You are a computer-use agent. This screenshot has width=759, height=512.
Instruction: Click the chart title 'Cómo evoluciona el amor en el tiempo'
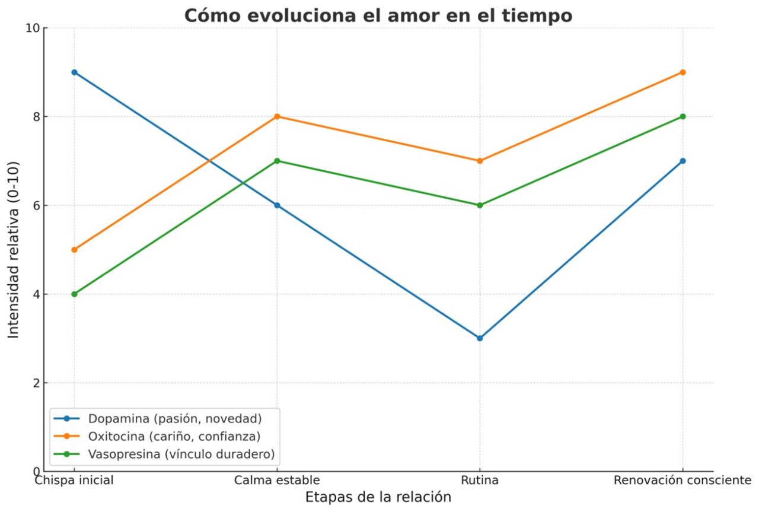pyautogui.click(x=378, y=15)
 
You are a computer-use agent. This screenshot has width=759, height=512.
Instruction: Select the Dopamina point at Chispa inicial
pyautogui.click(x=74, y=72)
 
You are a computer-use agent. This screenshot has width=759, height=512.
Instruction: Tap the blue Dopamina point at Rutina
pyautogui.click(x=480, y=338)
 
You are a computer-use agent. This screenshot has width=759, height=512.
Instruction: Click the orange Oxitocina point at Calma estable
pyautogui.click(x=277, y=116)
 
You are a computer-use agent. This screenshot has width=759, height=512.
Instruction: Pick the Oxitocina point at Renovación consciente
pyautogui.click(x=683, y=72)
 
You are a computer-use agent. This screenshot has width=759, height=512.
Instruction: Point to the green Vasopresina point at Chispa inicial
pyautogui.click(x=74, y=294)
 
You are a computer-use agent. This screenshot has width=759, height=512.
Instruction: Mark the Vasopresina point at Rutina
pyautogui.click(x=480, y=205)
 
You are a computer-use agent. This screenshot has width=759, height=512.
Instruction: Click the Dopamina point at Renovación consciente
pyautogui.click(x=683, y=161)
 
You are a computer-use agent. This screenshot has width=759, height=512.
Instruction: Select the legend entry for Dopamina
pyautogui.click(x=174, y=418)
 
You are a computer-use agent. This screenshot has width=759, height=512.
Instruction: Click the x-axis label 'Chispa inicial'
pyautogui.click(x=74, y=480)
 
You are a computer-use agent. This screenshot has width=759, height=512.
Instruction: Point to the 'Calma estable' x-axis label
pyautogui.click(x=277, y=480)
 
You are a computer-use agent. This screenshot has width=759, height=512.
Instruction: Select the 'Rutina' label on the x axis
pyautogui.click(x=480, y=480)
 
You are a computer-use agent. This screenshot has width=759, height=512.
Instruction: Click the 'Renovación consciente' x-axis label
pyautogui.click(x=683, y=480)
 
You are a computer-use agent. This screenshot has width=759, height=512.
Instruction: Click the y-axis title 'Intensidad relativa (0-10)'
pyautogui.click(x=14, y=250)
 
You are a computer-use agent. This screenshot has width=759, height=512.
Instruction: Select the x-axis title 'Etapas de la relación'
pyautogui.click(x=378, y=497)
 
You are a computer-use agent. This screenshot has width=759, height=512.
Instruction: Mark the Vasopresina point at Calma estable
pyautogui.click(x=277, y=161)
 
